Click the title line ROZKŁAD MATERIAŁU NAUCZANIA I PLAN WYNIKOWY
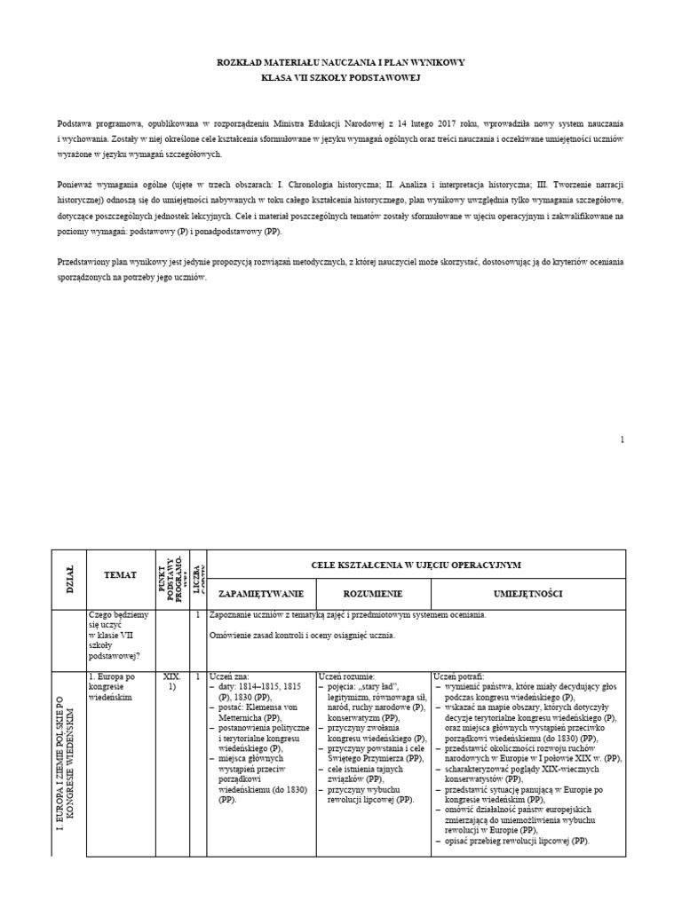coord(341,62)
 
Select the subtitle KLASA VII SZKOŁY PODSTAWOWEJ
coord(341,78)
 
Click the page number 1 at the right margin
coord(623,439)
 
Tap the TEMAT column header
coord(120,574)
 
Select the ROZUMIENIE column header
coord(373,593)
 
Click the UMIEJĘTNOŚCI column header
coord(527,593)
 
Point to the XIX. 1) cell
coord(172,682)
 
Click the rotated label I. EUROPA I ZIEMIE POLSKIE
coord(69,763)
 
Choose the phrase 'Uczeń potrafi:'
coord(458,676)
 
